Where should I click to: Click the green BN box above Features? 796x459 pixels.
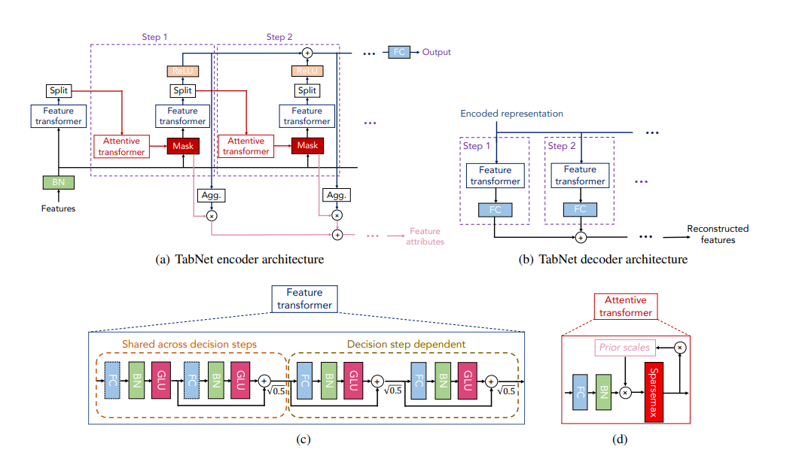58,182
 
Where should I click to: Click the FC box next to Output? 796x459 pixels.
398,52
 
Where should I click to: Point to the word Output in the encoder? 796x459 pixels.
436,52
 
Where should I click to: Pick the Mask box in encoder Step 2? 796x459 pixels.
307,145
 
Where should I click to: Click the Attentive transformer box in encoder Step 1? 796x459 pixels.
121,146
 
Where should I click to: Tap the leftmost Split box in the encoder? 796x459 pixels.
58,91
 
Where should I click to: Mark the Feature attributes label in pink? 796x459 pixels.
425,236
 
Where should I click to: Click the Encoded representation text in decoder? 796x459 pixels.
512,114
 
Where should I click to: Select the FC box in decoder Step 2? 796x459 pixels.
580,209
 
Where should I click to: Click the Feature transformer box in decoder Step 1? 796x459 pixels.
495,175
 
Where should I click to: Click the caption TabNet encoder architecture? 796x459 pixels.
239,260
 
